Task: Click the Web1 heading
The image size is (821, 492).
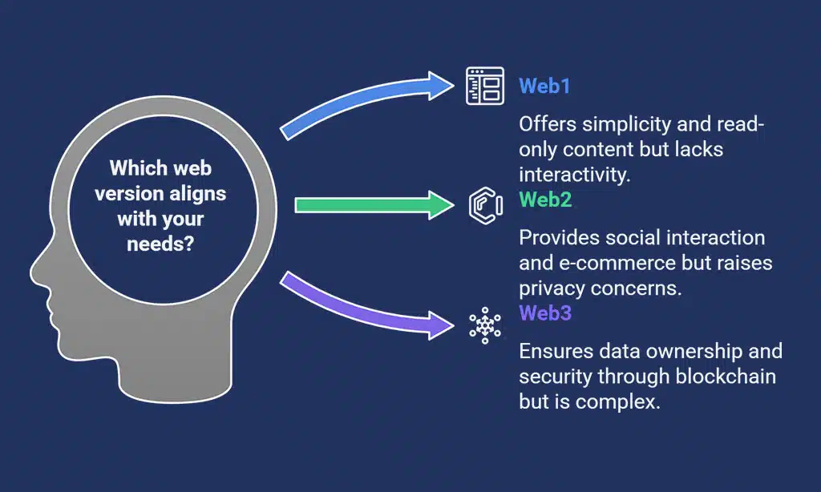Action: click(544, 86)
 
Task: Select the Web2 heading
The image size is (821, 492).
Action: click(545, 200)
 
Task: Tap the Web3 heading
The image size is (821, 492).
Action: click(545, 313)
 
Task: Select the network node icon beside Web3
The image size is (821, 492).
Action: click(484, 325)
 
